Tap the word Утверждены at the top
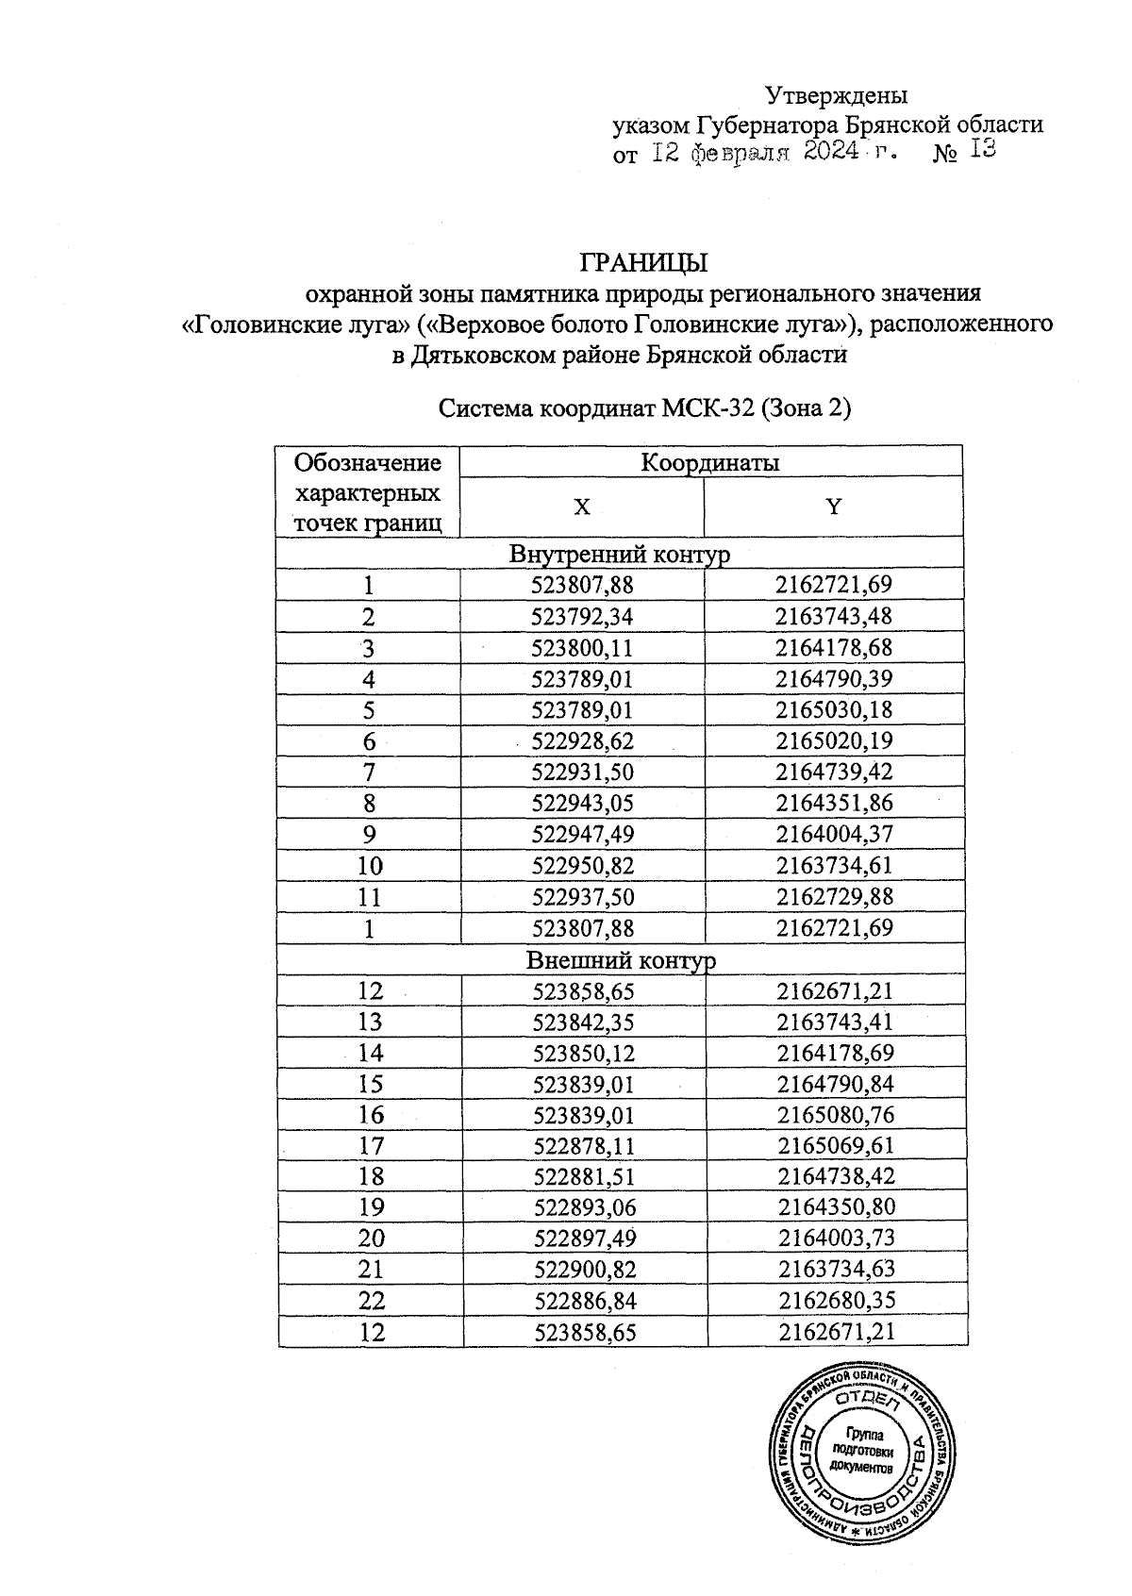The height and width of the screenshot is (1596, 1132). [x=836, y=95]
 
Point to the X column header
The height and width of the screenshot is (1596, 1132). [x=582, y=507]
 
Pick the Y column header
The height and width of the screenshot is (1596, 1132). [x=833, y=507]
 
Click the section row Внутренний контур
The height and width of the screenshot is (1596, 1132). [x=619, y=554]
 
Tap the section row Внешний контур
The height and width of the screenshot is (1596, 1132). [x=620, y=960]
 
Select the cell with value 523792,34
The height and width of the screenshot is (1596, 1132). [x=582, y=617]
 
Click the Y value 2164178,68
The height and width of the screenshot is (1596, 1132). [x=834, y=648]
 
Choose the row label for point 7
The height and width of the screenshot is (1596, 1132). [x=369, y=773]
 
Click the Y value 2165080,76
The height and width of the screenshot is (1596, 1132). [x=836, y=1115]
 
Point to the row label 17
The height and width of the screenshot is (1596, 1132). [x=371, y=1146]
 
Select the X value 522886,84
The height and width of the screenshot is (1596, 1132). [x=585, y=1301]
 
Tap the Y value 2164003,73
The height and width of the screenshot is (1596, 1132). [x=836, y=1239]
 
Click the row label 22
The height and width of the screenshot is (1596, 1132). [x=371, y=1301]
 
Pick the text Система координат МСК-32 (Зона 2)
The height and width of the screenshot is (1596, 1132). [x=645, y=409]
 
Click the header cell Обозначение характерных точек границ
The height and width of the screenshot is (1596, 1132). [x=368, y=492]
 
